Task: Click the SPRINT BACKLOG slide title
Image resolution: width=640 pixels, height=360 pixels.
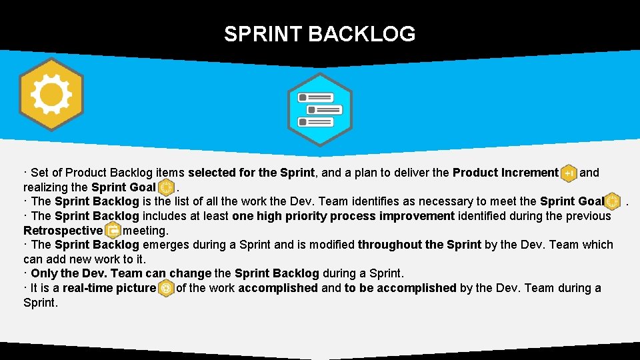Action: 319,33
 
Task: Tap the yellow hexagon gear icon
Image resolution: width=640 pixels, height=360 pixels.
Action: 51,95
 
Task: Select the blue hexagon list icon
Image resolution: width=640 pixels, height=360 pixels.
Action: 319,109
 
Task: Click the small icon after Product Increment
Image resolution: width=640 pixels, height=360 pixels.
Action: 569,173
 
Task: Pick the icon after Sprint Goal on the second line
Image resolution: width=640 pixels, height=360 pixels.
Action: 167,187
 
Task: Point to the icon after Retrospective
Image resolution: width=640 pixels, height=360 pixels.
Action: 113,231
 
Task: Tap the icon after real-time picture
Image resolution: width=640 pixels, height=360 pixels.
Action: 166,288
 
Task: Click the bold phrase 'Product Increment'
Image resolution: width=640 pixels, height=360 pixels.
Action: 505,173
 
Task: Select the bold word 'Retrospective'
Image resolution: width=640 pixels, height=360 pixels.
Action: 63,231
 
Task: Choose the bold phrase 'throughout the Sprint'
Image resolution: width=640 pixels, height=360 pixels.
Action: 419,245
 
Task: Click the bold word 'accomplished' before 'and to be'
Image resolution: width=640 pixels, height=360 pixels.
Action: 278,288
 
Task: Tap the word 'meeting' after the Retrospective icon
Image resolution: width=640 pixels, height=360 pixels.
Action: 145,231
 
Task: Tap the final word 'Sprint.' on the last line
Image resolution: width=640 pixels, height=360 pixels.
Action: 41,303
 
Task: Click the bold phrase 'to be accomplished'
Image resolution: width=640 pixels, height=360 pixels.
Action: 400,288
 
